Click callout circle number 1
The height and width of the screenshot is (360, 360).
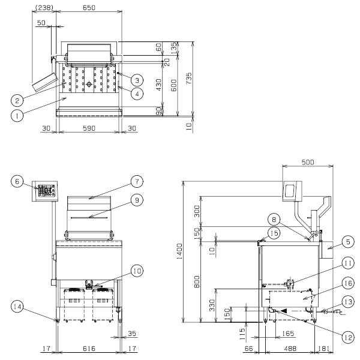[x=17, y=116]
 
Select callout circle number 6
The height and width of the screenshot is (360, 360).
[x=17, y=182]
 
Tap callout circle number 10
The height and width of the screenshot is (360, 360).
[x=137, y=271]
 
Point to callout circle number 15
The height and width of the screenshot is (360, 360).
[x=274, y=233]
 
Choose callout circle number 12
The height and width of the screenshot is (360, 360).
[x=348, y=337]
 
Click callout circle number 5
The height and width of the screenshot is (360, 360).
[x=348, y=242]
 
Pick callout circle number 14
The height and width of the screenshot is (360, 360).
[x=17, y=307]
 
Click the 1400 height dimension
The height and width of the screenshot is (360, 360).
[x=179, y=251]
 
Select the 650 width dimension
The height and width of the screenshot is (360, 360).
[x=89, y=8]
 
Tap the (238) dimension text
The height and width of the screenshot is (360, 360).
[x=44, y=8]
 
